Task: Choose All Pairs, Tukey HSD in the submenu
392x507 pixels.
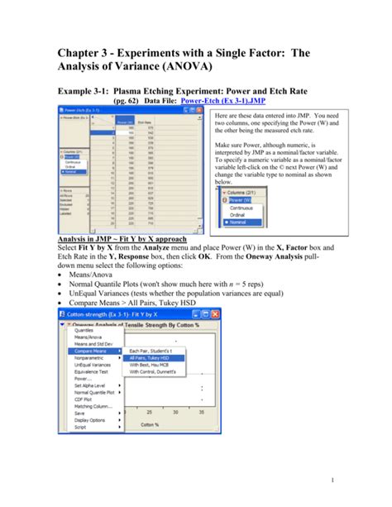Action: [x=151, y=358]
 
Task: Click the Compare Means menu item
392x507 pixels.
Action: [x=93, y=352]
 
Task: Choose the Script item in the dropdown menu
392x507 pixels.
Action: [x=82, y=427]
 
